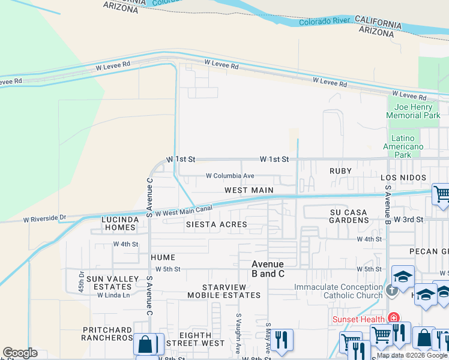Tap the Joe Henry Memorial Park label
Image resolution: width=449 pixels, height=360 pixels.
(413, 111)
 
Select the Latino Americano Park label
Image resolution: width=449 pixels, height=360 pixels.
(403, 146)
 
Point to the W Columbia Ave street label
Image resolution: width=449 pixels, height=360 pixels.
(230, 176)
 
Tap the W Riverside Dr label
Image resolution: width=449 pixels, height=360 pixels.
(44, 218)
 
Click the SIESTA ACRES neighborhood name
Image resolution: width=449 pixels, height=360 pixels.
(216, 224)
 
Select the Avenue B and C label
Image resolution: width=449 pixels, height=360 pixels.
(268, 269)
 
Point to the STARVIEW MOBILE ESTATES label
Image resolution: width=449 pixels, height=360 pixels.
(224, 292)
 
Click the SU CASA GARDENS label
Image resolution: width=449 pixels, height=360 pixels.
(349, 216)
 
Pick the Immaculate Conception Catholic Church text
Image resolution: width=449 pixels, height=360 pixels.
(338, 291)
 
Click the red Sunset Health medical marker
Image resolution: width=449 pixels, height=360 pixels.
(394, 318)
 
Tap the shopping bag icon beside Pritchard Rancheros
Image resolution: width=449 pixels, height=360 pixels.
(145, 344)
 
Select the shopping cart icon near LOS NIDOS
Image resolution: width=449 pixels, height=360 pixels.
(441, 194)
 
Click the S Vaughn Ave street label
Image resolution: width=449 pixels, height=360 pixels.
(238, 333)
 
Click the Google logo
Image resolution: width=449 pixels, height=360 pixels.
(20, 353)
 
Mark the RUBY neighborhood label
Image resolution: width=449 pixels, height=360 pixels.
(340, 171)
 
